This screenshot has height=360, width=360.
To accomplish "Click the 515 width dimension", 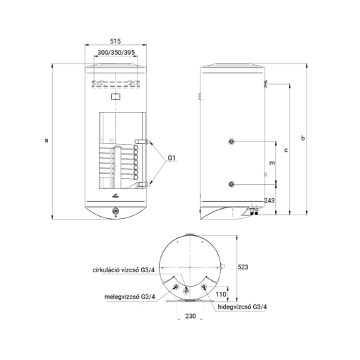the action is tap(115, 41).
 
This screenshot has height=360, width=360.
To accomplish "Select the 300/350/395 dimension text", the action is tap(116, 53).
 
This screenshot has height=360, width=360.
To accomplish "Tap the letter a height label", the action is tap(46, 140).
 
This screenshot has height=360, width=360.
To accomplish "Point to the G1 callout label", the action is tap(171, 158).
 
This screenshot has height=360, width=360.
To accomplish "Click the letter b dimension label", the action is tap(303, 138).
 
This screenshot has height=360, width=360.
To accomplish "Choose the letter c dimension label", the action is tap(286, 150).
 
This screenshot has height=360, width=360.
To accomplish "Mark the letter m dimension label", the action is tap(272, 163).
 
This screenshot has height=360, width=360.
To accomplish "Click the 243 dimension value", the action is tap(269, 200).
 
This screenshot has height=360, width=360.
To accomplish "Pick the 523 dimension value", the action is tap(243, 267).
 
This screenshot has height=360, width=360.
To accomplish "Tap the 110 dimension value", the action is tap(221, 294).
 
